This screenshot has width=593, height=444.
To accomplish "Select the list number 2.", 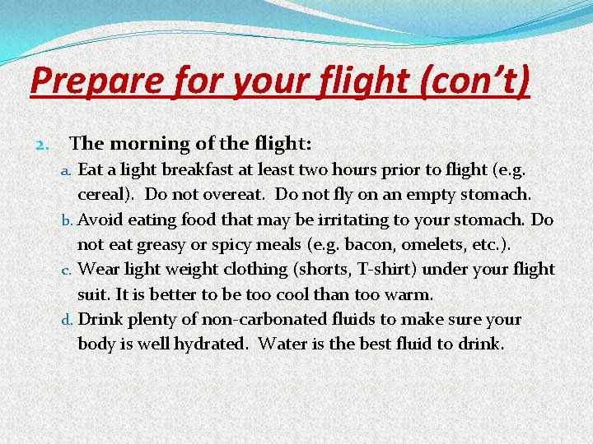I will coord(45,144).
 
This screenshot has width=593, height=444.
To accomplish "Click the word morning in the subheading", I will coord(148,144).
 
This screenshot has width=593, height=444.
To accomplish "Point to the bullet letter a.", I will coord(69,171).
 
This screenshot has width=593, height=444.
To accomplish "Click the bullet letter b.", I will coord(69,220).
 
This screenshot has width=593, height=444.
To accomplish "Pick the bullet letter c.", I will coord(69,270).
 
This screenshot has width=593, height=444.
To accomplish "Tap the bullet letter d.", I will coord(69,319).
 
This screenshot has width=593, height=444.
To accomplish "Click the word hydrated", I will coord(209,343).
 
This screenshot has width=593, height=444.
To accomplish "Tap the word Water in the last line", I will coord(280,343).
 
